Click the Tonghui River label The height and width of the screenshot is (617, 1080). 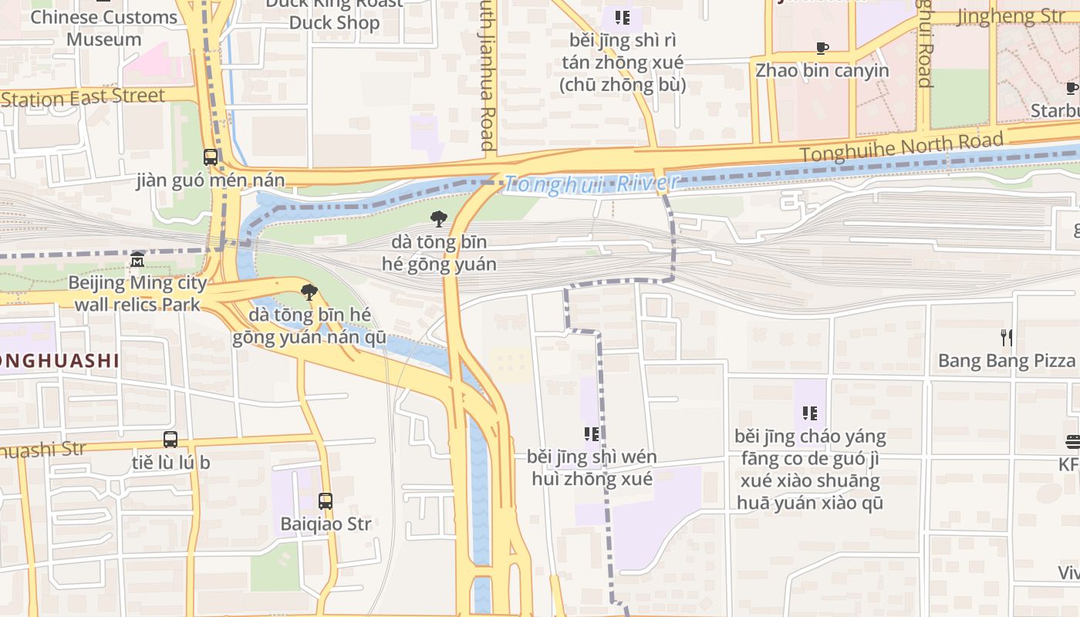[592, 184]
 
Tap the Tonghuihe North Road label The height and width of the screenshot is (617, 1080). [902, 147]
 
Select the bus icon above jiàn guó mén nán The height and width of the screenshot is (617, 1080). [211, 157]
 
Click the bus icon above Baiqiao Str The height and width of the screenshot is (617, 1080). [326, 501]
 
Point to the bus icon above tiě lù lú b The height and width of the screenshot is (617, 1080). [170, 440]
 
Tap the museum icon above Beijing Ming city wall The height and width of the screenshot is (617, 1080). [137, 259]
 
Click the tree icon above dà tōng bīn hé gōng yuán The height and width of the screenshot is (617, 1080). [439, 219]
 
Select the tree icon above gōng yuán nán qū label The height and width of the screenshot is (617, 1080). [309, 292]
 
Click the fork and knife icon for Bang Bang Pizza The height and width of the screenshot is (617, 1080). [1006, 337]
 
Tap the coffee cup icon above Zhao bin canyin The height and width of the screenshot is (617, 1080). [822, 48]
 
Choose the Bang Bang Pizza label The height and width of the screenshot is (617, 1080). [1006, 361]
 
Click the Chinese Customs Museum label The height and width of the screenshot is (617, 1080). [104, 28]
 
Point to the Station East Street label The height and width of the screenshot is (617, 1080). [83, 98]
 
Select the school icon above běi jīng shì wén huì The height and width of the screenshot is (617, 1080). [592, 433]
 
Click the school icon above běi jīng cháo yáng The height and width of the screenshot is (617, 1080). [809, 413]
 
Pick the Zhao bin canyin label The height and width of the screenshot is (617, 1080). [822, 71]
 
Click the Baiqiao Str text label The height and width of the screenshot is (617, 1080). [326, 524]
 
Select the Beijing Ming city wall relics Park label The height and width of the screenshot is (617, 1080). [137, 293]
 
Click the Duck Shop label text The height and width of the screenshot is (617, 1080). [334, 22]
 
